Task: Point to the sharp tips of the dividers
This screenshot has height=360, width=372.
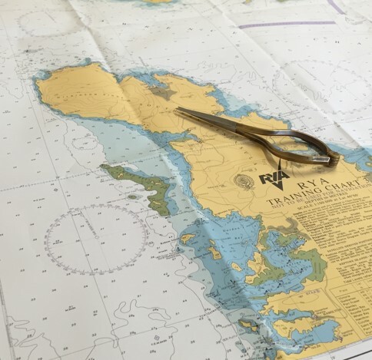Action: point(178,111)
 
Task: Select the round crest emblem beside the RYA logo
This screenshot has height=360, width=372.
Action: point(244,182)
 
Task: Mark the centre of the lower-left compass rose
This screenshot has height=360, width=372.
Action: point(96,239)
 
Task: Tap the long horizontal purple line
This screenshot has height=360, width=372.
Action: point(284,25)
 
